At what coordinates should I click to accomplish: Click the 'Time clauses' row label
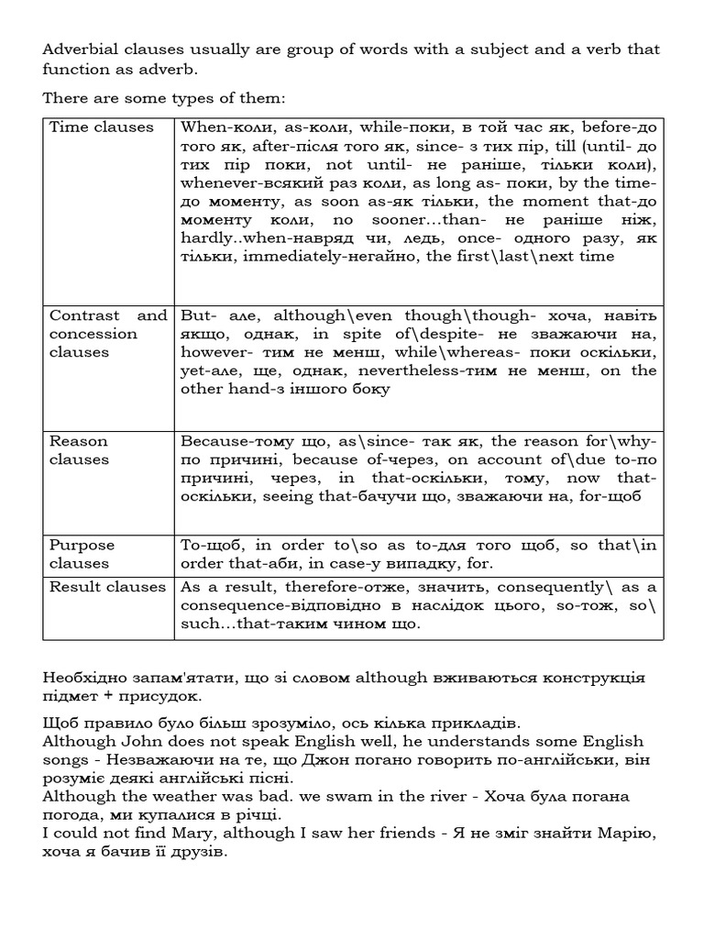[x=101, y=127]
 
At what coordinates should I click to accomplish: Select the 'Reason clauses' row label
[x=78, y=450]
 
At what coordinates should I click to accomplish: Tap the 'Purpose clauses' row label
[x=82, y=554]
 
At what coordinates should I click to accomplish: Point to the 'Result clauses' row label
[x=107, y=587]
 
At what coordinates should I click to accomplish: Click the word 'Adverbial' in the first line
[x=81, y=49]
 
